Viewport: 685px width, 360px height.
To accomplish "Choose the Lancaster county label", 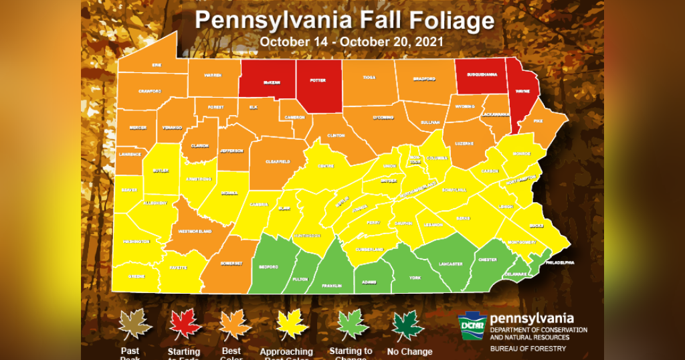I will click(450, 264).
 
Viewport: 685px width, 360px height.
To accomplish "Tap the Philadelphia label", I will click(560, 262).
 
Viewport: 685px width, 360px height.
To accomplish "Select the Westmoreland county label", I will click(194, 232).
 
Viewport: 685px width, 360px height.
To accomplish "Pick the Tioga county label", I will click(369, 78).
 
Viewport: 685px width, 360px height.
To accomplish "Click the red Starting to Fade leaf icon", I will click(185, 325).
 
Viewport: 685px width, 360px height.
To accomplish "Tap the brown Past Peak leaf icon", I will click(136, 325).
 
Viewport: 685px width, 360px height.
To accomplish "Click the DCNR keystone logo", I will click(472, 326).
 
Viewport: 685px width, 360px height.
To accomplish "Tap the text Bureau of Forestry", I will click(528, 348).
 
